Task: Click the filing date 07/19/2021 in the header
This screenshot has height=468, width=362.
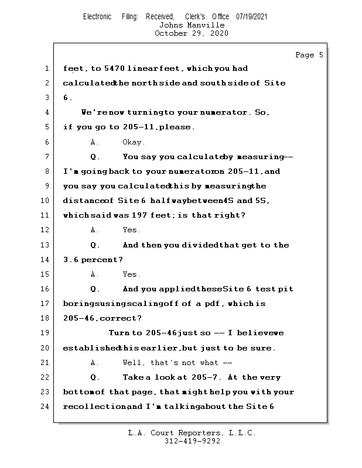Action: pyautogui.click(x=252, y=16)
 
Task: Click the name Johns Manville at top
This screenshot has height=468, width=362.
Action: pyautogui.click(x=192, y=25)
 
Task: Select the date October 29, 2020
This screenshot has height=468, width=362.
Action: pyautogui.click(x=192, y=33)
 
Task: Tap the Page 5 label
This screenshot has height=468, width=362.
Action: pyautogui.click(x=309, y=55)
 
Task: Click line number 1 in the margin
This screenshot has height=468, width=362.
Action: pyautogui.click(x=46, y=68)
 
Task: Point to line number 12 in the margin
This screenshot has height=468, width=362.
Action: pyautogui.click(x=44, y=230)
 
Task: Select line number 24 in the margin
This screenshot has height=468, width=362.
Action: pyautogui.click(x=44, y=407)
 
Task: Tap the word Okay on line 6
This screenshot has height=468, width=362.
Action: pyautogui.click(x=134, y=142)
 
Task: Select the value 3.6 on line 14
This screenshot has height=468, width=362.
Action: pyautogui.click(x=70, y=260)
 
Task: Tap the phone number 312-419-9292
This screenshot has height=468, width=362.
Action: pyautogui.click(x=192, y=441)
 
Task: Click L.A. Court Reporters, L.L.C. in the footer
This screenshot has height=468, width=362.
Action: pyautogui.click(x=192, y=433)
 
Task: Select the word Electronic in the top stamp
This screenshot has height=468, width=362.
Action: pyautogui.click(x=97, y=16)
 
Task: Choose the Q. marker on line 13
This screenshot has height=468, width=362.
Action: pyautogui.click(x=95, y=245)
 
